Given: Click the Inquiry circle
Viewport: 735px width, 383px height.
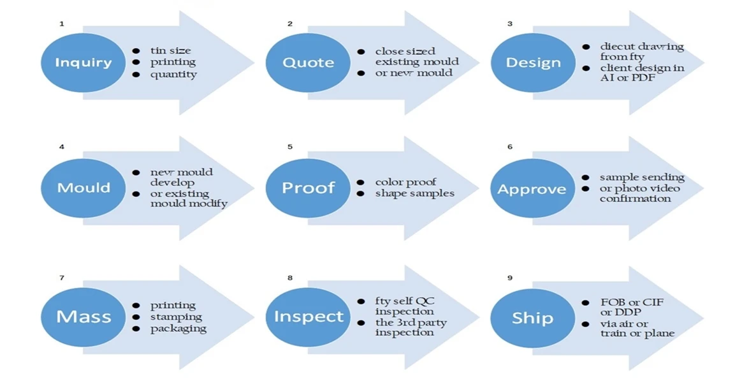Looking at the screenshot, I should click(x=83, y=63).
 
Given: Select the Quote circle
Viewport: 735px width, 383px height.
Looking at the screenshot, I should click(x=308, y=63).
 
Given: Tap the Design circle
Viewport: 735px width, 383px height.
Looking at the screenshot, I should click(x=533, y=63).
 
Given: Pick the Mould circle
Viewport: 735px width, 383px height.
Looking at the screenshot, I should click(x=83, y=188).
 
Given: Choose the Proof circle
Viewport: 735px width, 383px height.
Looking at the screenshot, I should click(x=308, y=188).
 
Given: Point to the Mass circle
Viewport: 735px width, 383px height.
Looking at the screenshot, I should click(x=83, y=317).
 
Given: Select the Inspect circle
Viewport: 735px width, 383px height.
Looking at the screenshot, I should click(x=308, y=317).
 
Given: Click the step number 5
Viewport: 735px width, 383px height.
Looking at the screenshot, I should click(x=290, y=147).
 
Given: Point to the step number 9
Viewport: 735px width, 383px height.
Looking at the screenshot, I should click(x=509, y=278).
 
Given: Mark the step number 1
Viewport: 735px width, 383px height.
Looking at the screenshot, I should click(x=62, y=24).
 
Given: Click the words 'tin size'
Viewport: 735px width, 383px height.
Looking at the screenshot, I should click(x=170, y=50).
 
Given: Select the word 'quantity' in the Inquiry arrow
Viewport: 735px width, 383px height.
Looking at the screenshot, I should click(x=173, y=74).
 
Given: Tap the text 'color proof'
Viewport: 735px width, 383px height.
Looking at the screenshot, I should click(x=405, y=183).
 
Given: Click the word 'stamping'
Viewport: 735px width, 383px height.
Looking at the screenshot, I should click(x=176, y=317).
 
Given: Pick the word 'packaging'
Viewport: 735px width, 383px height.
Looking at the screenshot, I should click(x=178, y=329).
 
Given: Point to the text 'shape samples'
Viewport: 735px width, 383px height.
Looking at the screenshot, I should click(x=414, y=193).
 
